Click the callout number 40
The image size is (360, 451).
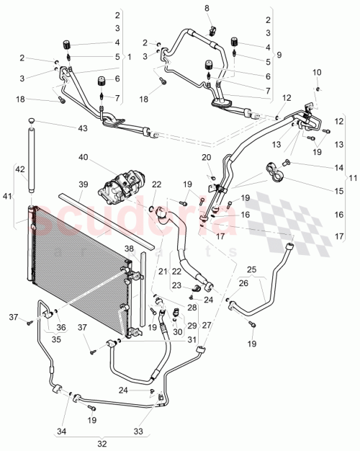click(84, 158)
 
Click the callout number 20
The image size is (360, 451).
click(207, 157)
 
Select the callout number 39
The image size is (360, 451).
click(84, 184)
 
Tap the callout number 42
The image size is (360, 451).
click(20, 170)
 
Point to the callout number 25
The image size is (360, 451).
click(251, 269)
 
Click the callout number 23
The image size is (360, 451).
click(176, 285)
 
